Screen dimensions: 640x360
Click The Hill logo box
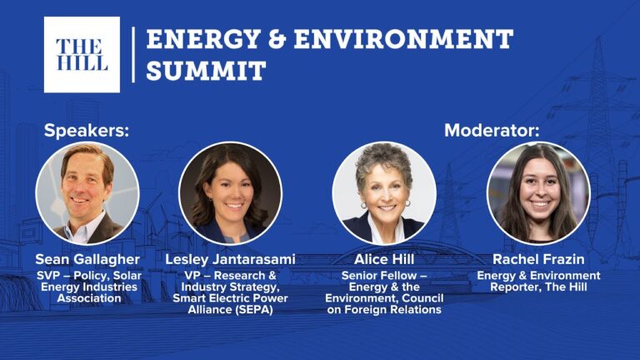82,55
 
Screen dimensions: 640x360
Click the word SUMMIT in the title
206,70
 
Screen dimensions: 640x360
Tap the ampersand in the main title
277,39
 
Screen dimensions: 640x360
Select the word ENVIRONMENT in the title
403,39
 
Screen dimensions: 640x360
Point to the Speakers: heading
87,131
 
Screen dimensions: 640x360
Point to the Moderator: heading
492,131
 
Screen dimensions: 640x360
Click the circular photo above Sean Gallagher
87,193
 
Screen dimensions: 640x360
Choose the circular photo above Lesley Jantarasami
230,193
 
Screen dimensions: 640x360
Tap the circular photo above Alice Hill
384,193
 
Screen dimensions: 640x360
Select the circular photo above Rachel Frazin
538,193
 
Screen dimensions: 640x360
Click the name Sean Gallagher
87,259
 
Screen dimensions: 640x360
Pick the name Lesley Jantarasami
230,259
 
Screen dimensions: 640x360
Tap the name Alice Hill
384,259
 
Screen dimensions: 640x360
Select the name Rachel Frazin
538,259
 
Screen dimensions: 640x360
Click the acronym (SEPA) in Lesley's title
253,310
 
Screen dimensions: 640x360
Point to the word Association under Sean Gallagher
89,298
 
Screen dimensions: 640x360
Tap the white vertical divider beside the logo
133,55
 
